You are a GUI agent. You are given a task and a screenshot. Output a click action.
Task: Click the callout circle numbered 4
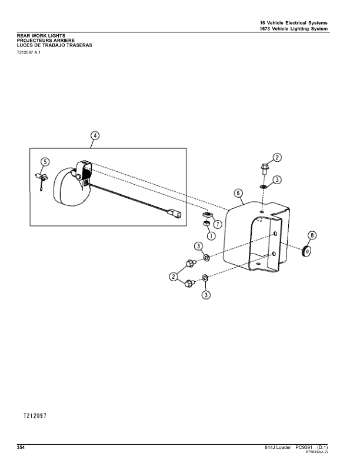point(95,136)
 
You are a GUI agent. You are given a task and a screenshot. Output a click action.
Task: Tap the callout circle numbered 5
point(45,162)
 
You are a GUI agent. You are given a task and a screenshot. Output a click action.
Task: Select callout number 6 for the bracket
point(238,193)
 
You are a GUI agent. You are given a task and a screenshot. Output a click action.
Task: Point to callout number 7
point(218,224)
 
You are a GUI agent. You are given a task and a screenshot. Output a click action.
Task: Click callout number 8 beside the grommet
point(312,236)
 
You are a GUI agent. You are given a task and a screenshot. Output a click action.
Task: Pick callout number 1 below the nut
point(211,236)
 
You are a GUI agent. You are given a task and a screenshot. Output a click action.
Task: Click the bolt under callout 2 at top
point(264,169)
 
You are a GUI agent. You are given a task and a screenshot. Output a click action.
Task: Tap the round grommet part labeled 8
point(306,251)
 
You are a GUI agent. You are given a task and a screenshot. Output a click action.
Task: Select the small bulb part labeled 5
point(41,179)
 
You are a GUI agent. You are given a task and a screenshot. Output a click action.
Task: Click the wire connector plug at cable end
point(174,214)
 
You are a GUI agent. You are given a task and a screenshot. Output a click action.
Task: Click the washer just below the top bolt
point(263,187)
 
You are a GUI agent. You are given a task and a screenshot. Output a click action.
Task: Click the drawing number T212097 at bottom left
point(35,416)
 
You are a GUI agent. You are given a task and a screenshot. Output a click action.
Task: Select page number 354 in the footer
point(21,447)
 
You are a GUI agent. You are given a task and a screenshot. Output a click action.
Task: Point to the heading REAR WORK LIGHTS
point(41,36)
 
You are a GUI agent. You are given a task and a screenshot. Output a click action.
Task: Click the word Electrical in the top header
point(296,23)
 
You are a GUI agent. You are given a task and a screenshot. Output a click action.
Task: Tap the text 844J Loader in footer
point(278,447)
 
